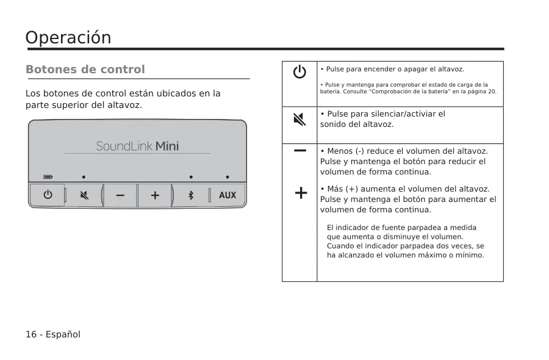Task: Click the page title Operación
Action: [x=68, y=38]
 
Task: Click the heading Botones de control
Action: [x=85, y=70]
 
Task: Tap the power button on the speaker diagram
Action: [x=48, y=195]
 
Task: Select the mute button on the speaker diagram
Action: [x=84, y=195]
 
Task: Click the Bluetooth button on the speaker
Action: [x=191, y=195]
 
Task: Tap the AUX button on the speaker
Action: [x=228, y=195]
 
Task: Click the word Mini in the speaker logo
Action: [x=167, y=146]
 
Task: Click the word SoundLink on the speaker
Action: [x=124, y=146]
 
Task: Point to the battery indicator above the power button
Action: [x=48, y=177]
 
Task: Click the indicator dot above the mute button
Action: [x=84, y=177]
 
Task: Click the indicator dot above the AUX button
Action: [x=228, y=177]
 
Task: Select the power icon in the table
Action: [x=300, y=72]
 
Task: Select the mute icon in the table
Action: [x=300, y=119]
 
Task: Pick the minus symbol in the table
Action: [x=300, y=151]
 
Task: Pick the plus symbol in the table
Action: [x=301, y=193]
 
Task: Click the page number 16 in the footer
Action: [x=31, y=334]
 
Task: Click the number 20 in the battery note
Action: [x=492, y=92]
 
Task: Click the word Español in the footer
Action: [x=63, y=334]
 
